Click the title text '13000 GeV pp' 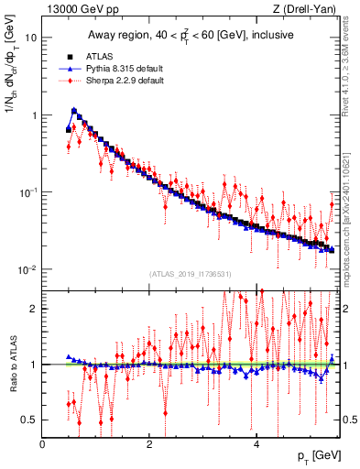tap(74, 9)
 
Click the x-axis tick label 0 tap(43, 444)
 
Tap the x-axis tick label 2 tap(149, 444)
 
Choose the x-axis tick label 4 tap(256, 444)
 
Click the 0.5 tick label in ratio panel tap(30, 420)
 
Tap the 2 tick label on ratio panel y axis tap(35, 309)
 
